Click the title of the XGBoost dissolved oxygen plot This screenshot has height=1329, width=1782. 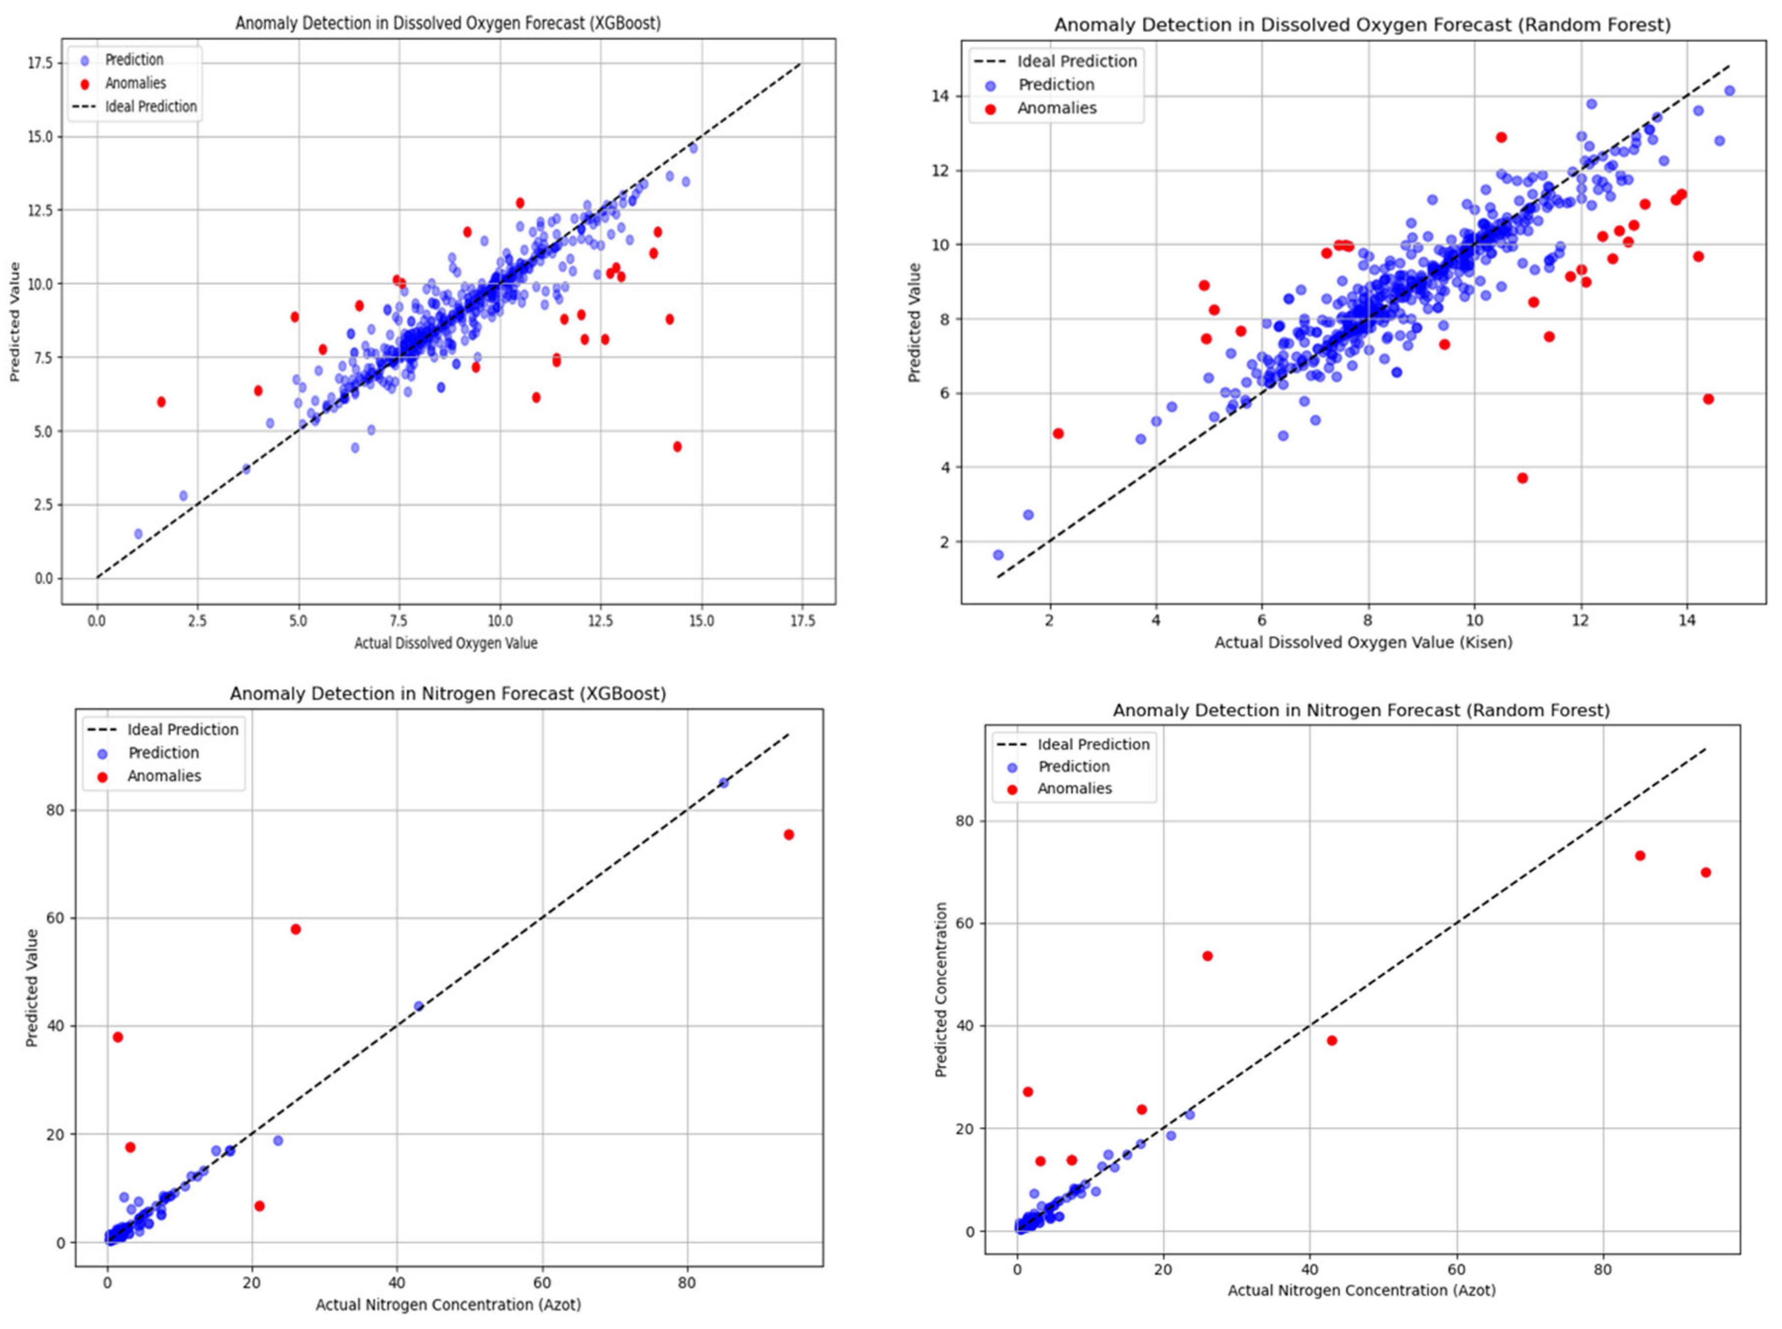[x=448, y=23]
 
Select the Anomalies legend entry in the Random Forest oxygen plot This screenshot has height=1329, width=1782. [x=1056, y=108]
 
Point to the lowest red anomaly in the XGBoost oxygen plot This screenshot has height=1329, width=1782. [x=677, y=447]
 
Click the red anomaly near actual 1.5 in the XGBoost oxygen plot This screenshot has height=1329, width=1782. [x=161, y=402]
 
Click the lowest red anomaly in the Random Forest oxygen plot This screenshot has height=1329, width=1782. [x=1522, y=478]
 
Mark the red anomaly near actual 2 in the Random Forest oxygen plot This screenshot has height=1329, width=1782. [x=1057, y=434]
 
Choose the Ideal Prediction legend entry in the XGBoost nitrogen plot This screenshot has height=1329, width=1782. [x=183, y=729]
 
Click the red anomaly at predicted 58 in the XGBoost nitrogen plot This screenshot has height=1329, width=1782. [x=295, y=929]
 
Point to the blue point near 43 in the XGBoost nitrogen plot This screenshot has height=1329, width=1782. [x=418, y=1006]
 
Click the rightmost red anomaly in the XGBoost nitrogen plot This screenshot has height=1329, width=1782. [x=788, y=834]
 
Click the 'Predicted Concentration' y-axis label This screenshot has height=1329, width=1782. [x=941, y=989]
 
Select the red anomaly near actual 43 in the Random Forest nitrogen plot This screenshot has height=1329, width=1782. [x=1332, y=1040]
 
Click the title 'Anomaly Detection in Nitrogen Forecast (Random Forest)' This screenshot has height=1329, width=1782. [x=1361, y=711]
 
